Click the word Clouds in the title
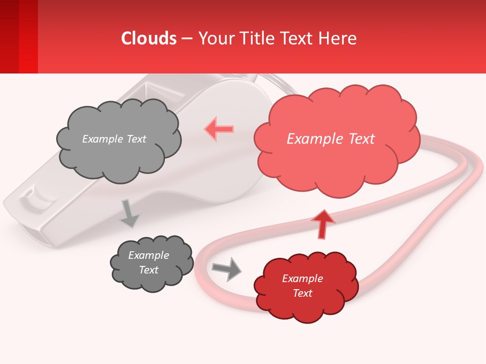(149, 38)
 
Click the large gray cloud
(118, 157)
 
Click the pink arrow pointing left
(219, 129)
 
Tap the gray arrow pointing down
(129, 213)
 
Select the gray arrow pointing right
(227, 268)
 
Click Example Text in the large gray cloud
(114, 139)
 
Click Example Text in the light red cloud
(331, 139)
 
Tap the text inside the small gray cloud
(148, 262)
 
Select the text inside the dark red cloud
(302, 286)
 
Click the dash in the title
(186, 38)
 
